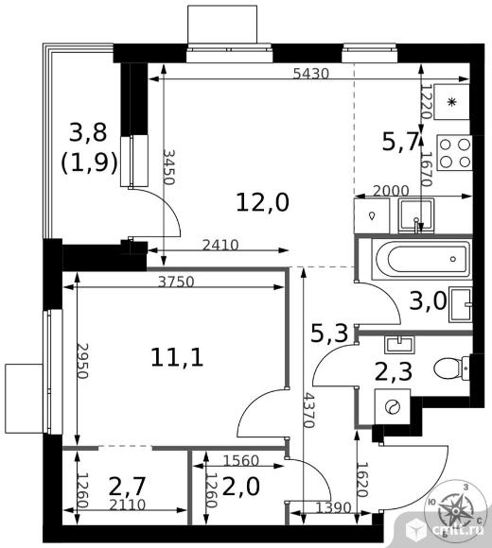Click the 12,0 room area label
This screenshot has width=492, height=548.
coord(263,203)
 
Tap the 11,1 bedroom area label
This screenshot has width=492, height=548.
coord(177,358)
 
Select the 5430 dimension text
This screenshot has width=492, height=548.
coord(311,74)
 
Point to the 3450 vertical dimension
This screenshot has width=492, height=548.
coord(168,167)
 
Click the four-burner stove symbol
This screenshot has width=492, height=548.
coord(454,153)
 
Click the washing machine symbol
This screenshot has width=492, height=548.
coord(393,407)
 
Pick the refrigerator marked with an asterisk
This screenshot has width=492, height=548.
coord(451,102)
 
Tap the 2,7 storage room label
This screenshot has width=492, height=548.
coord(127,487)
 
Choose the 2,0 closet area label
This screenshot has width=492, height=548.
coord(241,487)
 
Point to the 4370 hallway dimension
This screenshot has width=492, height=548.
coord(309,410)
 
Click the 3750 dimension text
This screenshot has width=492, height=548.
coord(176,282)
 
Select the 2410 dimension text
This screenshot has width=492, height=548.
coord(220,246)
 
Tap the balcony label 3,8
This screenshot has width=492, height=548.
coord(88,133)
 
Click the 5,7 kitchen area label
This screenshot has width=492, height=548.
coord(400,143)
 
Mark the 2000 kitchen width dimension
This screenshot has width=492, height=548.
coord(391,191)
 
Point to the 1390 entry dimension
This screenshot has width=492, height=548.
coord(333,507)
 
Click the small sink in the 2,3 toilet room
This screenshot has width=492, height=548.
coord(399,344)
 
